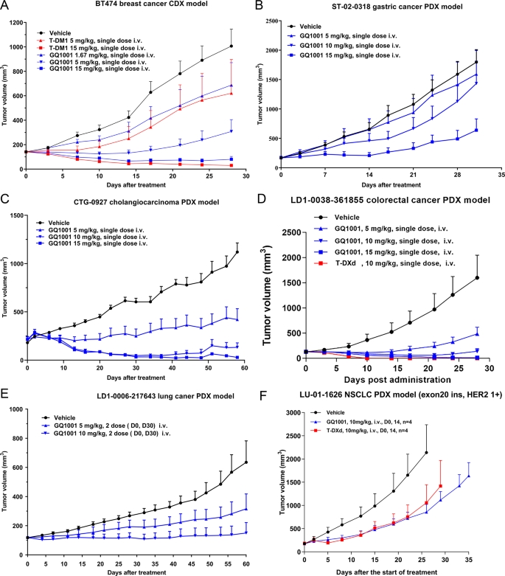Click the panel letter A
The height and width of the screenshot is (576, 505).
click(6, 6)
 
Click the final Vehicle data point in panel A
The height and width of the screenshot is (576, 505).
click(231, 46)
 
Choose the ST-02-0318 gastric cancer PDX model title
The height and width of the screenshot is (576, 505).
click(391, 6)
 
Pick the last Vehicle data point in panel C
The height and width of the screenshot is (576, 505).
click(237, 251)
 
